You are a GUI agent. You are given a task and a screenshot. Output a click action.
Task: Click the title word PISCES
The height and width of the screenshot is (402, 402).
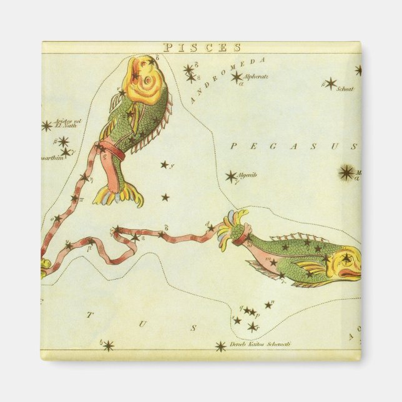(202, 47)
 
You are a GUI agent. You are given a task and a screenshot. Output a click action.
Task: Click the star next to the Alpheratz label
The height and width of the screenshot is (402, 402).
(237, 77)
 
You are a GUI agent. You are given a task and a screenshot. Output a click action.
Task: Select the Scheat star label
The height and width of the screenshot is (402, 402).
(345, 89)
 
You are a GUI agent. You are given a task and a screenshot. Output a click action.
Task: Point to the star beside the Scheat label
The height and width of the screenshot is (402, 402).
(330, 83)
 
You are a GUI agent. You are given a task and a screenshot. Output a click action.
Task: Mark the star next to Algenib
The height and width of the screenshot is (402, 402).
(231, 176)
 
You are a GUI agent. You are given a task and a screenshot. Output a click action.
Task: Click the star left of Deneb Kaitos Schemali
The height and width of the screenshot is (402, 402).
(220, 346)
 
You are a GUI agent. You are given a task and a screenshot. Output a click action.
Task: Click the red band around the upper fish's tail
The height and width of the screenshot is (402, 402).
(114, 152)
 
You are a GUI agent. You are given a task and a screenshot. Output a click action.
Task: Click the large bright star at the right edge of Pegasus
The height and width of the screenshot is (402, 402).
(346, 172)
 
